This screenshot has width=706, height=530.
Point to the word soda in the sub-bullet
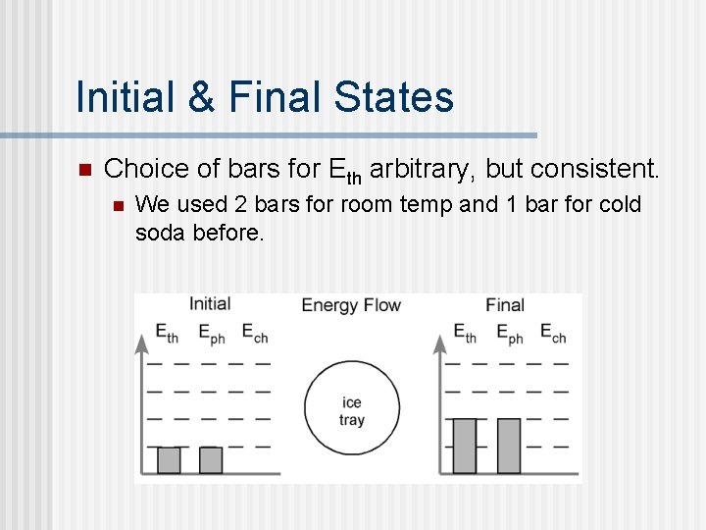(x=160, y=233)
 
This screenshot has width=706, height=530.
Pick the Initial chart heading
(x=209, y=304)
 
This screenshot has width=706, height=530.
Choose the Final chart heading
(x=504, y=304)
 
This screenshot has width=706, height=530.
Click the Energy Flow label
(x=351, y=304)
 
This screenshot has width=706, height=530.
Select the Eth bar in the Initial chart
(x=169, y=460)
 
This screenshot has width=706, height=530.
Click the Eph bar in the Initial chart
(x=211, y=460)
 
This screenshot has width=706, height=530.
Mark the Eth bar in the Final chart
(x=465, y=446)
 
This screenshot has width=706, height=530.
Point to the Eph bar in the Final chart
(x=508, y=446)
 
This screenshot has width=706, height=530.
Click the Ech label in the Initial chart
(x=255, y=334)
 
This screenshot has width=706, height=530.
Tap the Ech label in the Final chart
(x=553, y=334)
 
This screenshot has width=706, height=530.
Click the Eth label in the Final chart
(x=466, y=334)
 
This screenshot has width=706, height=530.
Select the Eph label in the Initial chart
(x=212, y=334)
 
